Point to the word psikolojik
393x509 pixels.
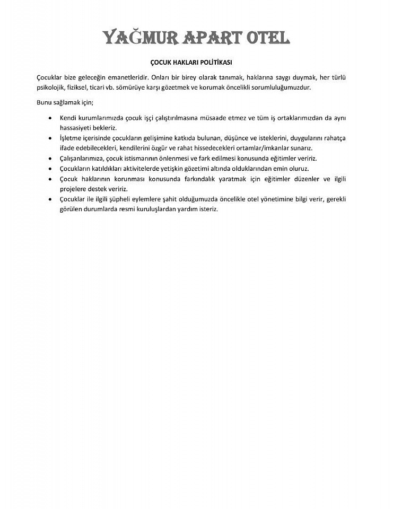(52, 87)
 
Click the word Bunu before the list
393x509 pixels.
(45, 102)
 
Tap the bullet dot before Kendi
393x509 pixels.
(50, 118)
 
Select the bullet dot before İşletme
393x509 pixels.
(50, 138)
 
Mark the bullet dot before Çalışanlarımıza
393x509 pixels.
(50, 158)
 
